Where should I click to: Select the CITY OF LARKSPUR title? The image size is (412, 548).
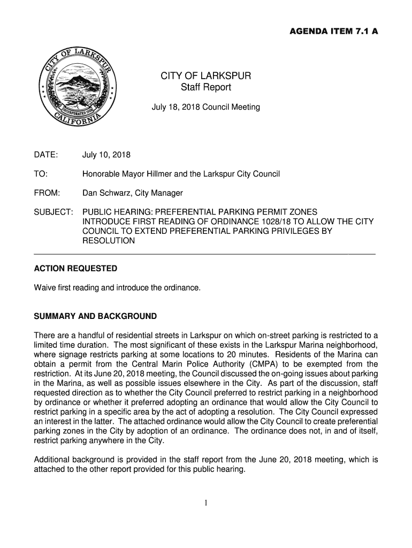tap(206, 76)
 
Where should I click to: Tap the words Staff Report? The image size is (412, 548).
tap(206, 87)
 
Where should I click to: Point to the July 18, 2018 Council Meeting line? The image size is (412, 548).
tap(206, 107)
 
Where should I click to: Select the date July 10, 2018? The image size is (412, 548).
tap(106, 155)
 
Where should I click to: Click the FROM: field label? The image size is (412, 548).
tap(47, 193)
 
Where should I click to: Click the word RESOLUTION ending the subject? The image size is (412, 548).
tap(109, 241)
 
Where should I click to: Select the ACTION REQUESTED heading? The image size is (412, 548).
tap(75, 268)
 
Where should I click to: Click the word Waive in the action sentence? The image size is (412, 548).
tap(44, 288)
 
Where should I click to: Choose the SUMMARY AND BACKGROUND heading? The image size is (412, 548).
tap(95, 316)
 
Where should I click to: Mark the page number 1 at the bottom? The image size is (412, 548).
tap(206, 503)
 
